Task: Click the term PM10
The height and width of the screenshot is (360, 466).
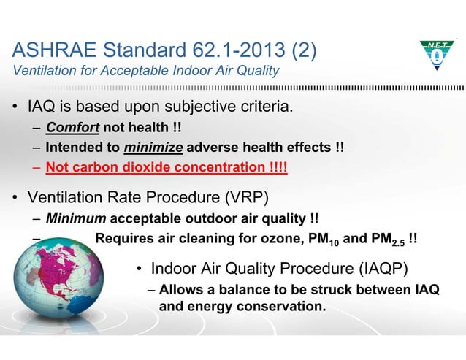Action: (321, 238)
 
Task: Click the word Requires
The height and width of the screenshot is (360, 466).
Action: (124, 237)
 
